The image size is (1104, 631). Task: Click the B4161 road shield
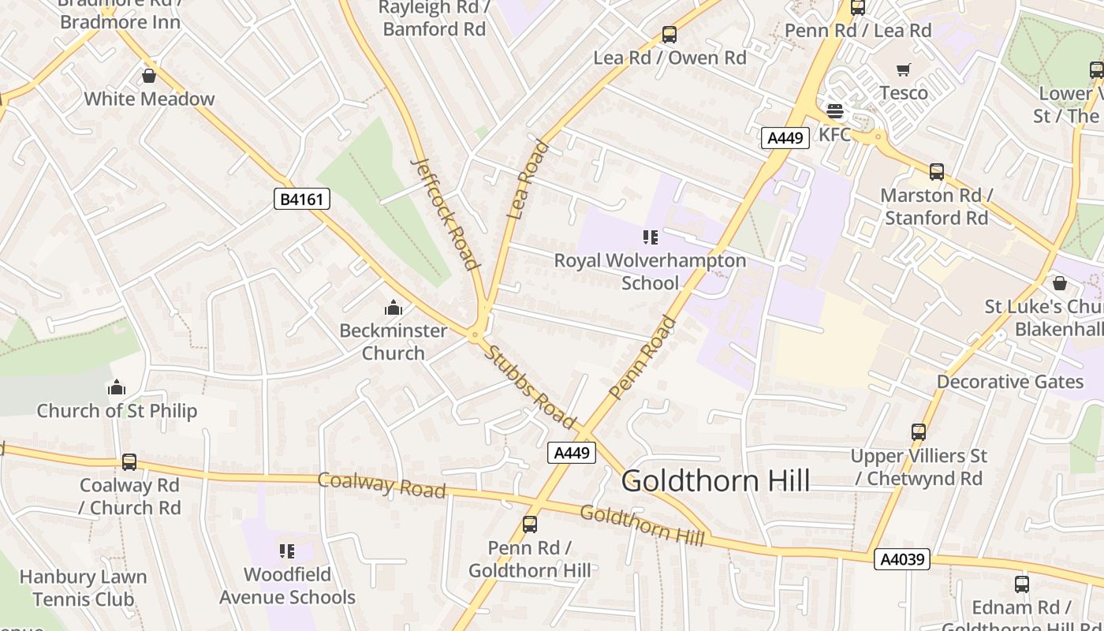pyautogui.click(x=301, y=199)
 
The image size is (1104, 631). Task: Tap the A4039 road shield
pyautogui.click(x=902, y=559)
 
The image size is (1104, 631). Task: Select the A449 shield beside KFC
pyautogui.click(x=785, y=138)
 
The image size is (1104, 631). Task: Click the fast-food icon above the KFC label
pyautogui.click(x=834, y=111)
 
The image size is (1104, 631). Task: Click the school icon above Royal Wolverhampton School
pyautogui.click(x=650, y=237)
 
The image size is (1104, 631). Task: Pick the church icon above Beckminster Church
pyautogui.click(x=393, y=308)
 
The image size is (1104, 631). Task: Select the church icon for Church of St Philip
pyautogui.click(x=117, y=387)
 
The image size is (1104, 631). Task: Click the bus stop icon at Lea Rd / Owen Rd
pyautogui.click(x=669, y=35)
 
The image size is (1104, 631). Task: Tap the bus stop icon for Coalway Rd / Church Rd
pyautogui.click(x=129, y=462)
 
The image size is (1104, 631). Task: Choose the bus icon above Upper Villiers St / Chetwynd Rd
pyautogui.click(x=919, y=432)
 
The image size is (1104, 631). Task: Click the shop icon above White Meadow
pyautogui.click(x=149, y=76)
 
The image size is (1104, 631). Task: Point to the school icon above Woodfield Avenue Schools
pyautogui.click(x=287, y=551)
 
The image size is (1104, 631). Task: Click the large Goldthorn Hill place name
pyautogui.click(x=715, y=480)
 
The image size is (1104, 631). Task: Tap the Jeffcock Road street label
pyautogui.click(x=446, y=213)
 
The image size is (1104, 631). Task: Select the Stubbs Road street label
pyautogui.click(x=529, y=387)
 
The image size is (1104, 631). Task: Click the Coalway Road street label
pyautogui.click(x=382, y=484)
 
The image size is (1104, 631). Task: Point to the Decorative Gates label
pyautogui.click(x=1009, y=382)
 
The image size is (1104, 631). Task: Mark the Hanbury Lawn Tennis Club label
pyautogui.click(x=83, y=588)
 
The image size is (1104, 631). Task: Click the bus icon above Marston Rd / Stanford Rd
pyautogui.click(x=936, y=172)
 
